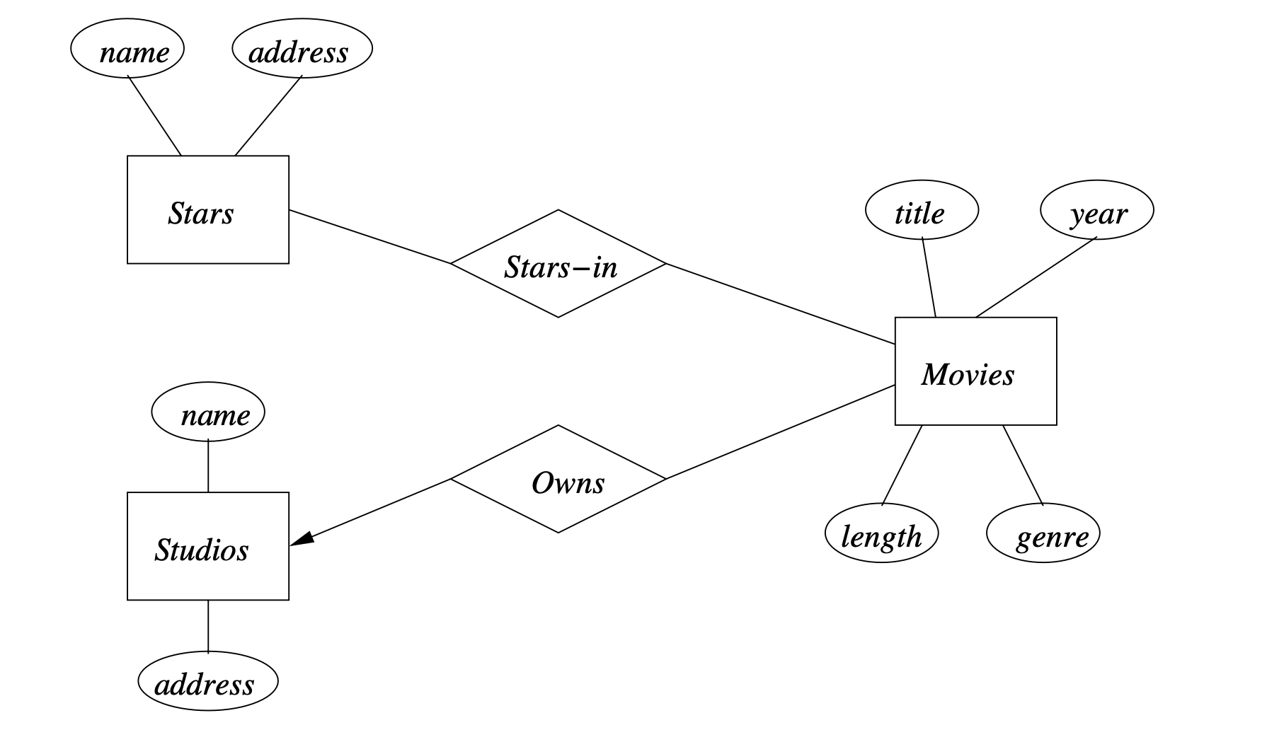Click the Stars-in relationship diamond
tap(558, 264)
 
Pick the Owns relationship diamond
tap(558, 480)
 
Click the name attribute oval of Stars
tap(127, 49)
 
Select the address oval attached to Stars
tap(302, 49)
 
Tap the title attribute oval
tap(922, 210)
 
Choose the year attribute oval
tap(1096, 210)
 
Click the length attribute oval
tap(881, 533)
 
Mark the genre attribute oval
tap(1043, 533)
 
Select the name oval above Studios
tap(208, 412)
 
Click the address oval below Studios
tap(207, 681)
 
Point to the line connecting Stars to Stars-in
tap(369, 237)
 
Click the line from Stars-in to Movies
tap(781, 304)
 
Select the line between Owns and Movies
tap(781, 432)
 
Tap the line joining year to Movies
tap(1036, 277)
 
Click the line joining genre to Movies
tap(1023, 465)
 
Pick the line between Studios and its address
tap(208, 626)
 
